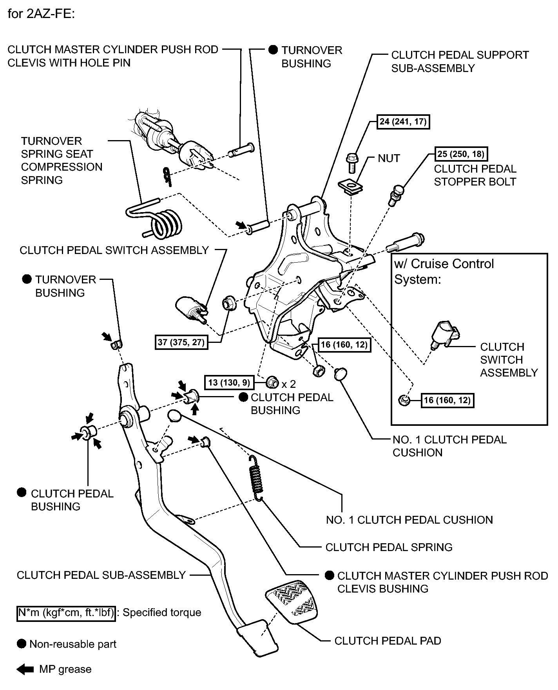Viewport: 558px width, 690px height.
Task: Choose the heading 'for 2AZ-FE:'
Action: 41,14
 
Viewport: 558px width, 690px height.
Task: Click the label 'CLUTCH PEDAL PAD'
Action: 388,641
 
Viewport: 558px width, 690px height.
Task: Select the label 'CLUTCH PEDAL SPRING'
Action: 389,547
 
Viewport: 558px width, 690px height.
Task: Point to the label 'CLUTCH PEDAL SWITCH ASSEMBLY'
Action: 114,250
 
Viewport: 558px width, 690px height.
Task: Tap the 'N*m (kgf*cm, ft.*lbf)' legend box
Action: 66,613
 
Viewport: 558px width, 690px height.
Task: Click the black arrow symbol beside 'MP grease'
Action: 25,670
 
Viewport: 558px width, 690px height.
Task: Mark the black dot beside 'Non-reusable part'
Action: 22,644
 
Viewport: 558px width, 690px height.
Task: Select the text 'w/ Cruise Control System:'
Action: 444,271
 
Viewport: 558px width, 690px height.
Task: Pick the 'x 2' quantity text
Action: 289,384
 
